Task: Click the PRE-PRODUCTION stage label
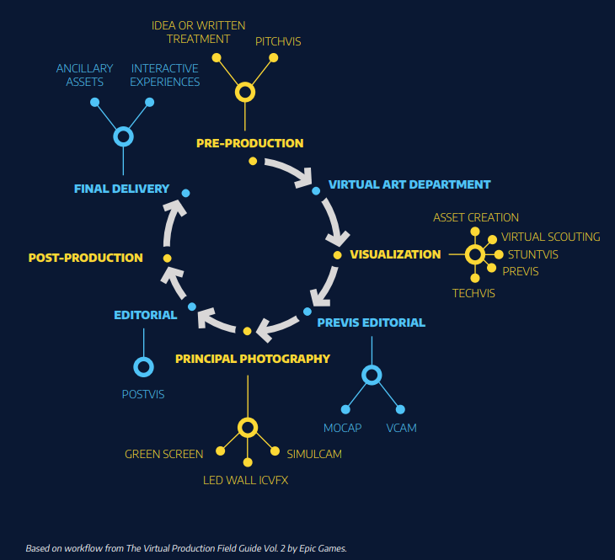point(249,143)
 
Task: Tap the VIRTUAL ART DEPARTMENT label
point(409,184)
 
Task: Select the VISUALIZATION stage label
point(395,254)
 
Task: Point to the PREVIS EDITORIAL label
point(371,322)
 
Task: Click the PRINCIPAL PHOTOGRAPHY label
point(253,359)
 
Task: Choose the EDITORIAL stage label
point(145,315)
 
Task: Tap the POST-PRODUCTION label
point(85,258)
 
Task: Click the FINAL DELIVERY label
point(121,189)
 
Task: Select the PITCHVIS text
point(278,40)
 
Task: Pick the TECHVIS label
point(473,293)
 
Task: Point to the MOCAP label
point(342,428)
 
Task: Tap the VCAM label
point(401,428)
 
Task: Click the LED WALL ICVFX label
point(251,481)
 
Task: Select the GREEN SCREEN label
point(164,454)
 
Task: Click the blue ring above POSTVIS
point(143,367)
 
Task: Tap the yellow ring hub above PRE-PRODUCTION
point(245,92)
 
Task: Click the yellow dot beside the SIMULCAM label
point(275,451)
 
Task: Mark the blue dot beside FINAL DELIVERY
point(185,194)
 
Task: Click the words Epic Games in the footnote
point(318,548)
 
